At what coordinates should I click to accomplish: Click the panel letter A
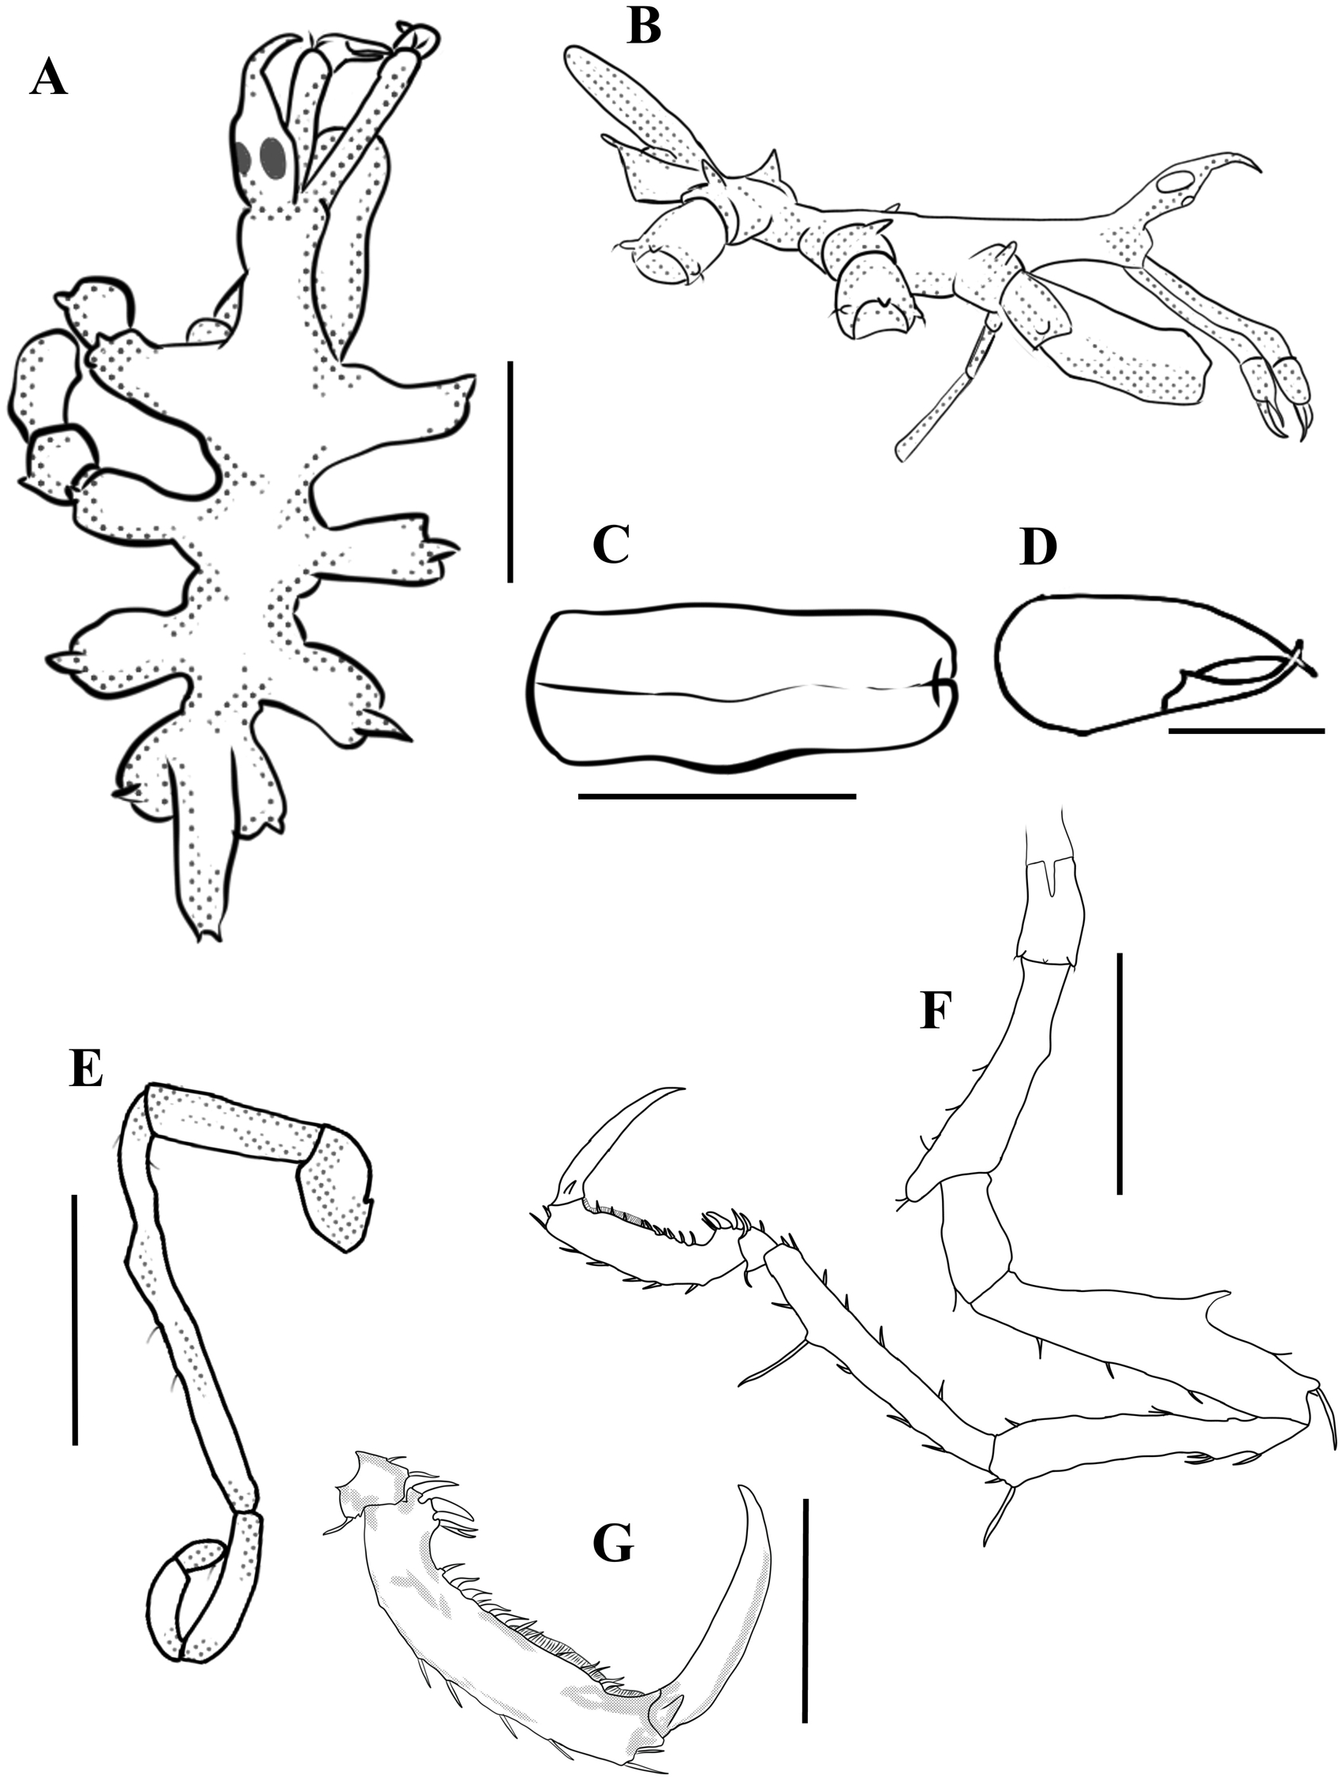click(x=48, y=80)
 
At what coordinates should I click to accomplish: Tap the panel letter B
click(x=645, y=26)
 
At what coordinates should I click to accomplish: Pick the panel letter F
click(x=936, y=1011)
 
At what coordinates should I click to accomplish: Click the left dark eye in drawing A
click(x=247, y=156)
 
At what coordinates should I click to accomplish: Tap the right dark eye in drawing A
click(x=274, y=157)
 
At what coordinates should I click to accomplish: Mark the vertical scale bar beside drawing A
click(x=510, y=471)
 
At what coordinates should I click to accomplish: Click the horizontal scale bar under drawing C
click(x=716, y=796)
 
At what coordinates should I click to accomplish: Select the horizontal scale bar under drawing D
click(x=1247, y=731)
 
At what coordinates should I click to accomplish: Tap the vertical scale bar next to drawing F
click(x=1119, y=1073)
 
